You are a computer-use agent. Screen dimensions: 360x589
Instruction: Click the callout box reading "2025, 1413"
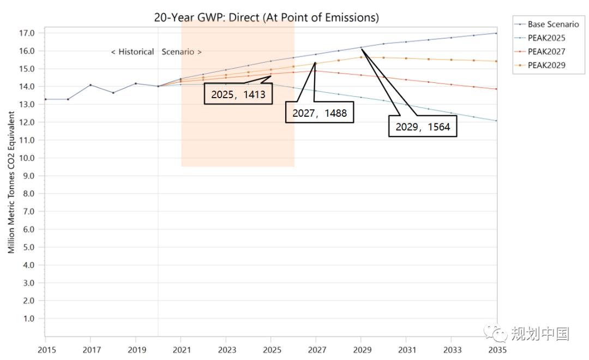238,94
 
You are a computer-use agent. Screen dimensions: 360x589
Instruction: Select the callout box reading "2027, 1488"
320,113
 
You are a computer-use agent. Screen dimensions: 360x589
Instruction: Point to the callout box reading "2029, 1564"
423,127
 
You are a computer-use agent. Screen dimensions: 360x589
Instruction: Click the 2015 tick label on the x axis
45,349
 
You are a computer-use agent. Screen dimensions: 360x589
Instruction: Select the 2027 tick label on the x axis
316,349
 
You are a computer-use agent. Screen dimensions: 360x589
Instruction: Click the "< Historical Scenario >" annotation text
156,52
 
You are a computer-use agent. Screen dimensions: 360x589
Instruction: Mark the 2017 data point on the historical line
91,85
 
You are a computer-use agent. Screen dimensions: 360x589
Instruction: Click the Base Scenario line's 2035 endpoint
496,33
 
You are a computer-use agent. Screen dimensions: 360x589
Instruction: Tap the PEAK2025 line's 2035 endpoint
496,121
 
